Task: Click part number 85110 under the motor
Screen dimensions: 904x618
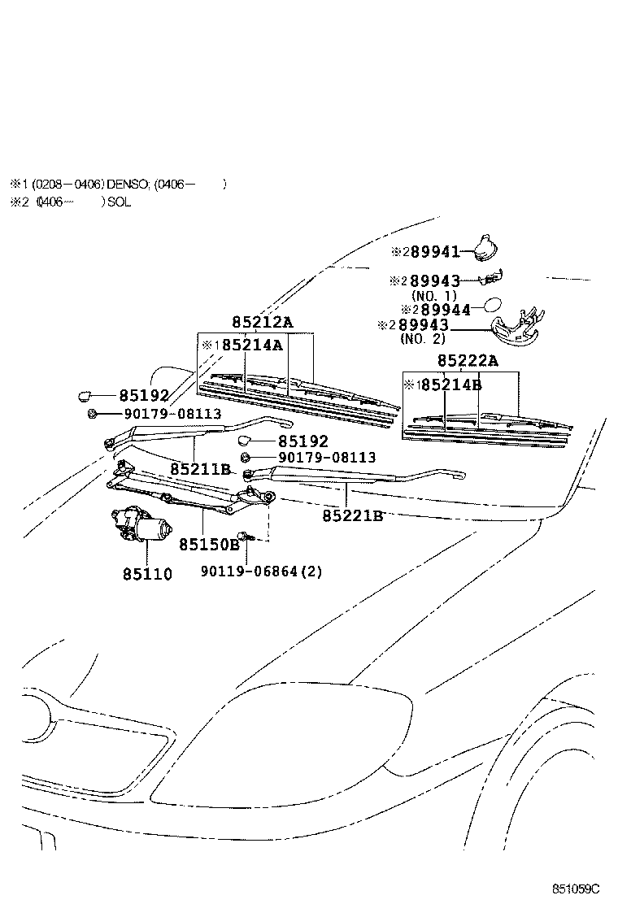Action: [x=147, y=573]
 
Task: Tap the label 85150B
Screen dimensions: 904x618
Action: [x=209, y=545]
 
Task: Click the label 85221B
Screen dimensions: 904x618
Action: [x=352, y=515]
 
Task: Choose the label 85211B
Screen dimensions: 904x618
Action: [x=201, y=469]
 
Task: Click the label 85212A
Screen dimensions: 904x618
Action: [x=262, y=323]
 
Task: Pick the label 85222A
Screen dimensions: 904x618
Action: [x=468, y=361]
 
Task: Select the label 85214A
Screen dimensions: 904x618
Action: [x=252, y=345]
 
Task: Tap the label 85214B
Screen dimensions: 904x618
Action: [x=450, y=385]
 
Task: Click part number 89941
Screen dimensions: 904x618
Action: [x=437, y=252]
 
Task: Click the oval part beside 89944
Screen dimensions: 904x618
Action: [x=494, y=306]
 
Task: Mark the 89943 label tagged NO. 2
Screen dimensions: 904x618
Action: [x=423, y=325]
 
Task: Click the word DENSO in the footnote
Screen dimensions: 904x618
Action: [x=124, y=184]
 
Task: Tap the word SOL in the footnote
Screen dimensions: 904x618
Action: [x=119, y=202]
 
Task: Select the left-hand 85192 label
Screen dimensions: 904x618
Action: [x=144, y=396]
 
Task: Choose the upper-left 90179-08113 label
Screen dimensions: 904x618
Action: [x=172, y=414]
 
